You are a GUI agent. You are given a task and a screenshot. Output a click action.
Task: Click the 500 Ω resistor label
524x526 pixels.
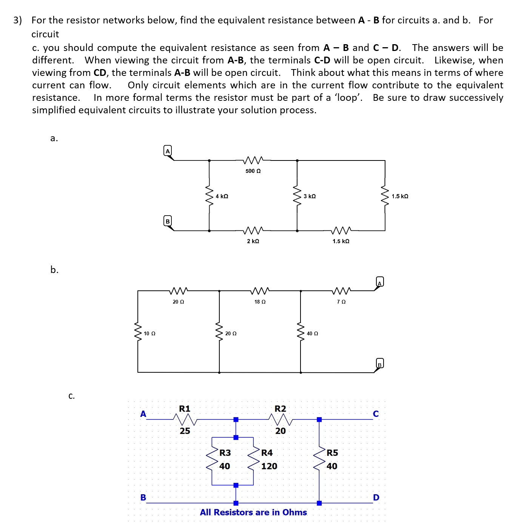(x=253, y=171)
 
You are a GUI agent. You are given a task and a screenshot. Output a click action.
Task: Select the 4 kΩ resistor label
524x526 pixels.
(x=222, y=196)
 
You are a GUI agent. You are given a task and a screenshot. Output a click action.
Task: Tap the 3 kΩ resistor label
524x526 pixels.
(x=310, y=196)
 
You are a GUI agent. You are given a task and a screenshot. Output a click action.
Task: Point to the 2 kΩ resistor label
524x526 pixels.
(x=253, y=241)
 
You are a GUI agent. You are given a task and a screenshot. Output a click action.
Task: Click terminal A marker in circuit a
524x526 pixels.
(x=168, y=151)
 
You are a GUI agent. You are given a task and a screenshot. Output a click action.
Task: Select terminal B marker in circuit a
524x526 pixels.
(x=168, y=221)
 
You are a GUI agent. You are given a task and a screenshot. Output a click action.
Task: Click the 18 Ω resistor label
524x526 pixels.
(x=260, y=302)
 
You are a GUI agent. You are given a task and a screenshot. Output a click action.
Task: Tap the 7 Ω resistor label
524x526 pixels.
(x=341, y=302)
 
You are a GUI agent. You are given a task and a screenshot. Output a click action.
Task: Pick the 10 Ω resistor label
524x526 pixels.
(x=149, y=333)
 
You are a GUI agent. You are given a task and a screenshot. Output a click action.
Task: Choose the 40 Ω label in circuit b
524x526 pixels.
(x=312, y=333)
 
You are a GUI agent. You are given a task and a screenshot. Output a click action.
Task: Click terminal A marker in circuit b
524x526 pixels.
(x=380, y=282)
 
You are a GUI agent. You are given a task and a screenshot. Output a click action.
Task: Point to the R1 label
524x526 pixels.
(x=185, y=409)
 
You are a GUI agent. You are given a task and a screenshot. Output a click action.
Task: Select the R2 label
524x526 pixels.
(x=280, y=409)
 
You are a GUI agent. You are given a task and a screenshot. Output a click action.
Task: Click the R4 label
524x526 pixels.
(x=267, y=453)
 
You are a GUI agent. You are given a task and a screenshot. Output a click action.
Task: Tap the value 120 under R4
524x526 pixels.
(x=269, y=466)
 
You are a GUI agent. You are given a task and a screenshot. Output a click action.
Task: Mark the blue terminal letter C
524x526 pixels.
(x=376, y=414)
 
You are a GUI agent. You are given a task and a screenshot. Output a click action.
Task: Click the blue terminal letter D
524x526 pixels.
(x=376, y=497)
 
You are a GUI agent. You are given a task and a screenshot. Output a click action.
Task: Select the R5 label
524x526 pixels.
(x=332, y=453)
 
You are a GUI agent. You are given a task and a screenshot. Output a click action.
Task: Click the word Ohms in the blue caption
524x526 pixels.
(x=294, y=512)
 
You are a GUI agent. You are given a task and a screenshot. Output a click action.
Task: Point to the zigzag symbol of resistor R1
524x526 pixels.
(x=184, y=419)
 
